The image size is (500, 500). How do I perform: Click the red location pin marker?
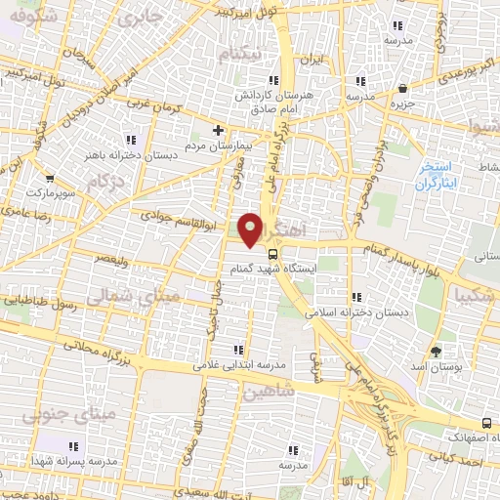(251, 229)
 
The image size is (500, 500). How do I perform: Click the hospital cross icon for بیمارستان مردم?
(218, 130)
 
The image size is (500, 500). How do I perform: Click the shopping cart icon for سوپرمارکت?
(28, 181)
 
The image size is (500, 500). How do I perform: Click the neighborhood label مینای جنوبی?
(108, 413)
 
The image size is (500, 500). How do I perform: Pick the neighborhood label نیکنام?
(240, 56)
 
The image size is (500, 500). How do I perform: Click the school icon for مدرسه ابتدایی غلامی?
(236, 349)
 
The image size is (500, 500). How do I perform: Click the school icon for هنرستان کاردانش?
(276, 80)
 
